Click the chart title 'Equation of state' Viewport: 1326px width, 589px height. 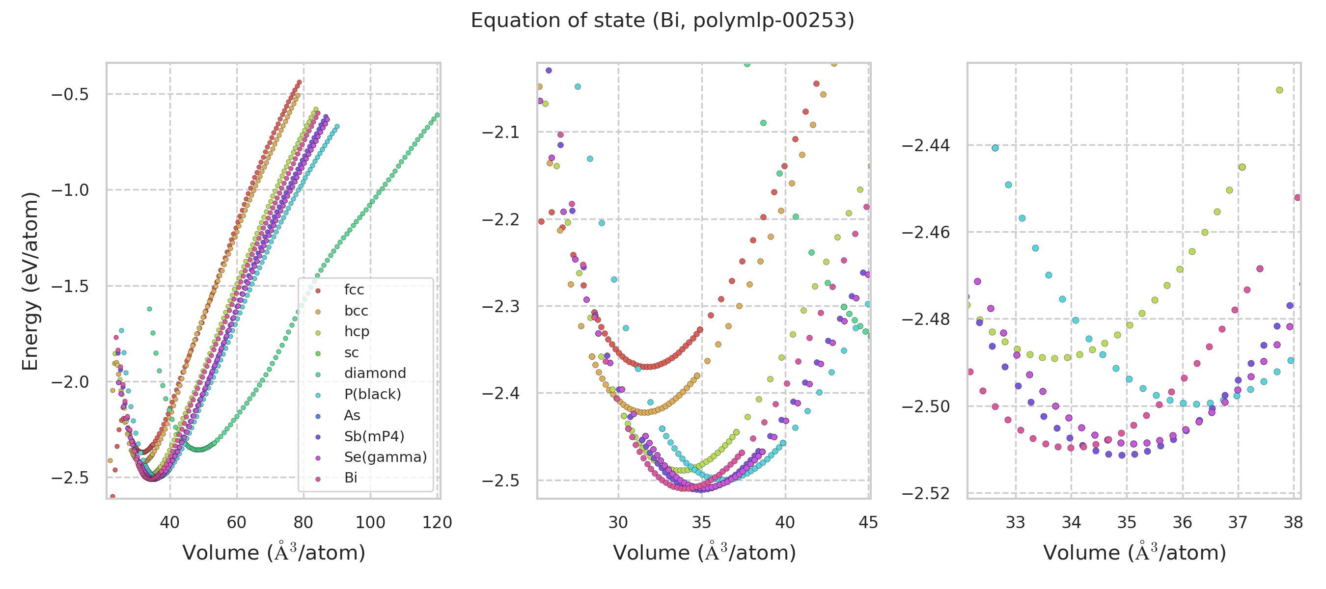coord(662,21)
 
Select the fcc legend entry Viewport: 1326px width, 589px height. coord(354,290)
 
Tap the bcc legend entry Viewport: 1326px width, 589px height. coord(356,311)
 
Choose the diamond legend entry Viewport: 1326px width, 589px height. coord(375,374)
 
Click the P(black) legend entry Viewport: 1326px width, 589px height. coord(372,395)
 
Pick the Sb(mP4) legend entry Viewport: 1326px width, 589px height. coord(374,437)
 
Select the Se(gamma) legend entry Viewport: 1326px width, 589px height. coord(385,457)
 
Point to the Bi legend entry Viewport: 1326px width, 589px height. coord(351,479)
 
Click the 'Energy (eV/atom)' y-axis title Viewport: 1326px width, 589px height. coord(30,281)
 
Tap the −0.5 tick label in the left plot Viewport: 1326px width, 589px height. coord(70,95)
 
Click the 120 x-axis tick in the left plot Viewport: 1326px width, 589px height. coord(437,523)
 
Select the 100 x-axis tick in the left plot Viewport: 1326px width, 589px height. coord(370,523)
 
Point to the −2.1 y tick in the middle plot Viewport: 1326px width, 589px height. coord(500,133)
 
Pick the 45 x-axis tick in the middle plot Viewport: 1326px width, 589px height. coord(868,523)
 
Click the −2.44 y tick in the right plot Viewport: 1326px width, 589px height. coord(926,146)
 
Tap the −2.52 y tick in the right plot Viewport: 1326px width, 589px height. coord(926,494)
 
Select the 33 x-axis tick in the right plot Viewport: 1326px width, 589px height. coord(1016,523)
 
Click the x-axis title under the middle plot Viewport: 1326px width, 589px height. coord(704,553)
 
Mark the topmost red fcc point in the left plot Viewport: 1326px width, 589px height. coord(299,82)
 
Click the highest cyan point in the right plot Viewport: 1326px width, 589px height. coord(995,148)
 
